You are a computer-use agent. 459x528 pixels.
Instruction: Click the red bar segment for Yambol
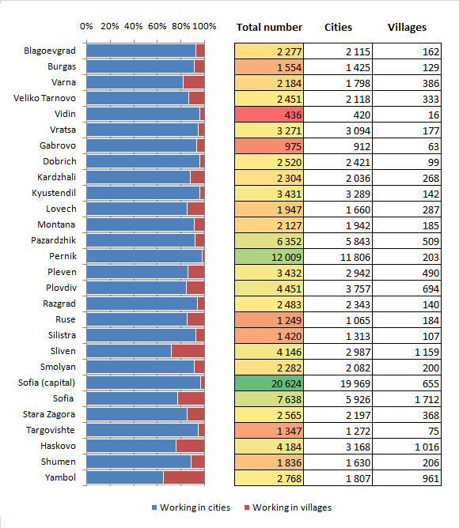pos(184,477)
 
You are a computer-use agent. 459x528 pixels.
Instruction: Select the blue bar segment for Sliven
pos(129,351)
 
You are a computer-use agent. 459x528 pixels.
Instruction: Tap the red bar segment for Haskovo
pos(190,446)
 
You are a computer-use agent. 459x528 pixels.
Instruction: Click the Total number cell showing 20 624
pos(269,383)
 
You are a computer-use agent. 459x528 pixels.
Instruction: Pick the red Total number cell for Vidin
pos(269,115)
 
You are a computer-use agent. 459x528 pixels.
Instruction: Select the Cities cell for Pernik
pos(338,257)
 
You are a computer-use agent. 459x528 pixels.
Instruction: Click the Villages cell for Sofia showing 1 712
pos(407,399)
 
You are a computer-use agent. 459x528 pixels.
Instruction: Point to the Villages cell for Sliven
pos(407,352)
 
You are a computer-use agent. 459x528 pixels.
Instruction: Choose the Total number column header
pos(269,28)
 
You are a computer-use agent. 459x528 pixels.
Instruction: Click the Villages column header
pos(407,28)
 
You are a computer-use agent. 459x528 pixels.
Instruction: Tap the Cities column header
pos(338,28)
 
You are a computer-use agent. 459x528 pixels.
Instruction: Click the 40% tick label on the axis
pos(133,26)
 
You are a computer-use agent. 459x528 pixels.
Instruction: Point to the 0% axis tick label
pos(86,26)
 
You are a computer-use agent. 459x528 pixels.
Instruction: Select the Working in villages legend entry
pos(288,507)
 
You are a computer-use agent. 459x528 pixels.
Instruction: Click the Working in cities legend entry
pos(192,507)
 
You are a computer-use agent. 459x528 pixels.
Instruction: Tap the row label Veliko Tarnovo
pos(44,98)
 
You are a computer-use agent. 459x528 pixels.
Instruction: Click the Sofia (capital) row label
pos(47,383)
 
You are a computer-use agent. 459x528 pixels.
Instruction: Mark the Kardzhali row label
pos(57,177)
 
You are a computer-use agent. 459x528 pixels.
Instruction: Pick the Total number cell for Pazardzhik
pos(269,241)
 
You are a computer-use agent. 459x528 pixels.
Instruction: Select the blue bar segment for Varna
pos(135,82)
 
